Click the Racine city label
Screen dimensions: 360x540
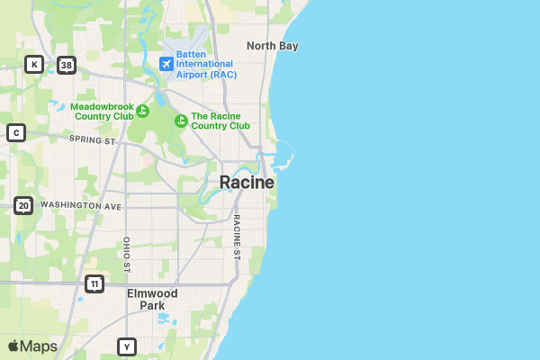point(247,183)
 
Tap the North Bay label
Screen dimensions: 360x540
point(272,46)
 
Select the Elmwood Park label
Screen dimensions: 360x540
point(152,300)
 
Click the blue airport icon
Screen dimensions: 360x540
point(166,64)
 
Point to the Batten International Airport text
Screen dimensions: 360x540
point(205,64)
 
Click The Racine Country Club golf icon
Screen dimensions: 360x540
point(181,121)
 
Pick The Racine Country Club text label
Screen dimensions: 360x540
point(220,121)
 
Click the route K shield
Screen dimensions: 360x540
point(33,64)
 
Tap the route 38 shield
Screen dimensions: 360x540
point(66,65)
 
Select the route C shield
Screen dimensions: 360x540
point(15,133)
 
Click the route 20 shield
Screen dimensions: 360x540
point(23,206)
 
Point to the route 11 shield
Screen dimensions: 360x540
point(94,284)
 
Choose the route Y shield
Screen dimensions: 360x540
point(127,346)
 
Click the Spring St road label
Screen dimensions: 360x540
point(93,141)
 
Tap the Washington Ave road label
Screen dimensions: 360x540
point(80,206)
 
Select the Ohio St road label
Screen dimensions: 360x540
point(127,253)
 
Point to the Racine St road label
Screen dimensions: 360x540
point(237,237)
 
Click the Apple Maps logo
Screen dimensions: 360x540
point(32,346)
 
